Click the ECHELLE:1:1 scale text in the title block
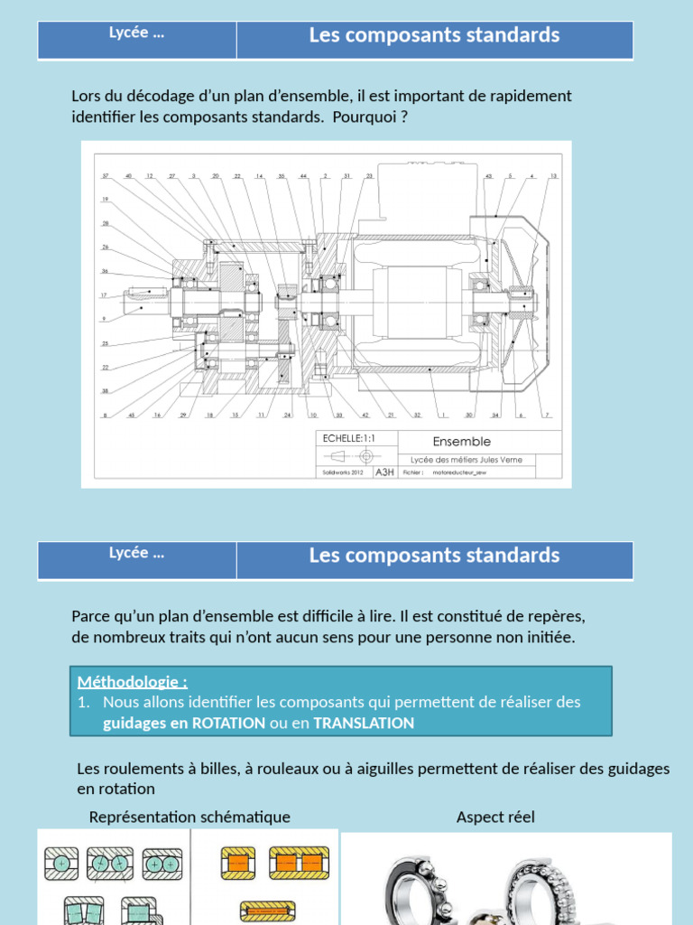tap(346, 438)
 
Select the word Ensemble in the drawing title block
tap(461, 442)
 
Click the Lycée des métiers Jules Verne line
tap(466, 460)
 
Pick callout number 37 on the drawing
tap(105, 175)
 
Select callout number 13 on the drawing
tap(553, 175)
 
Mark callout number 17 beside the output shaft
tap(105, 295)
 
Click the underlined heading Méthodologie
tap(132, 682)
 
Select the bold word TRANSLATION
tap(364, 723)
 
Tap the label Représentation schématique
tap(189, 817)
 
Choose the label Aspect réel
tap(495, 817)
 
